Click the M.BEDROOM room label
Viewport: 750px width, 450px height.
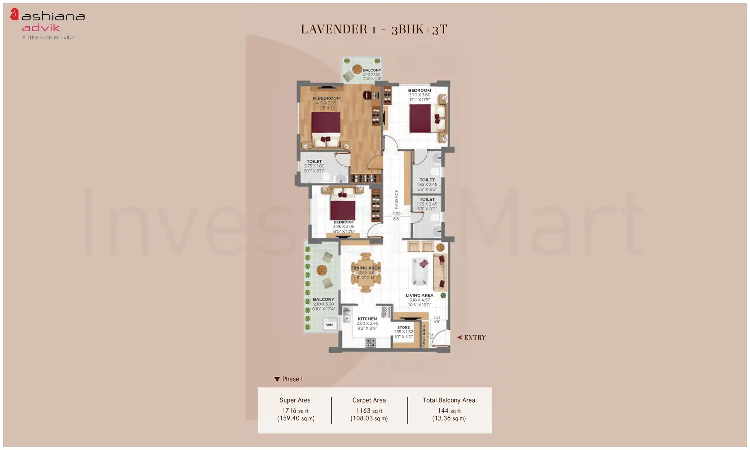326,98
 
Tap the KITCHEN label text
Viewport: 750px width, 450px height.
367,319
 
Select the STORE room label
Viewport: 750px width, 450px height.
403,327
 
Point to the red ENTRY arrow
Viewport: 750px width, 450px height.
459,337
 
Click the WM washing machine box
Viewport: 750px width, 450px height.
330,325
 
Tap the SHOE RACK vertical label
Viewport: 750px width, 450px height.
424,336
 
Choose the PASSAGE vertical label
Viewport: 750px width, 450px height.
396,199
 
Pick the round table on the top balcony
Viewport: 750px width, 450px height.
357,69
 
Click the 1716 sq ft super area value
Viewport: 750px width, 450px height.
295,411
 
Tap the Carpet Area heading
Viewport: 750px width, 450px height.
369,400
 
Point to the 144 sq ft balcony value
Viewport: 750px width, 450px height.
449,411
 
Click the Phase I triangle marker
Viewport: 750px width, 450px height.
277,379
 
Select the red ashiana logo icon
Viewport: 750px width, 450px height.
14,15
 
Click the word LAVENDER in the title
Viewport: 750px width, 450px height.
334,29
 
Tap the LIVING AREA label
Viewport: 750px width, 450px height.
419,295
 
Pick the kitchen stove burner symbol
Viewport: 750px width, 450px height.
370,343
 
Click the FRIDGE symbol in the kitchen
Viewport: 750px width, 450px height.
386,312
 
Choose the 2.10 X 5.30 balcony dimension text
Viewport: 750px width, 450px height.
323,304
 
